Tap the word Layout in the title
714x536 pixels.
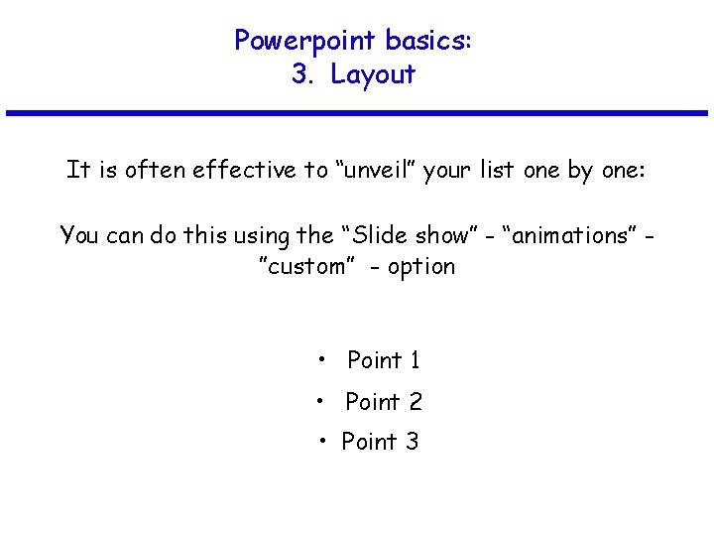tap(373, 74)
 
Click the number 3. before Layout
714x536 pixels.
tap(303, 74)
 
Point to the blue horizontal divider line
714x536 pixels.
tap(357, 113)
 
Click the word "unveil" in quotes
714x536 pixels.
tap(374, 170)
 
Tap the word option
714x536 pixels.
tap(421, 267)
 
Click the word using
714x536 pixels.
tap(262, 235)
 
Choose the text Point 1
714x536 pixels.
tap(383, 360)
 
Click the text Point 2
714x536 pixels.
tap(383, 402)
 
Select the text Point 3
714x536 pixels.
tap(380, 442)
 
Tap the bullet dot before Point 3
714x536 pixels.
tap(323, 440)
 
